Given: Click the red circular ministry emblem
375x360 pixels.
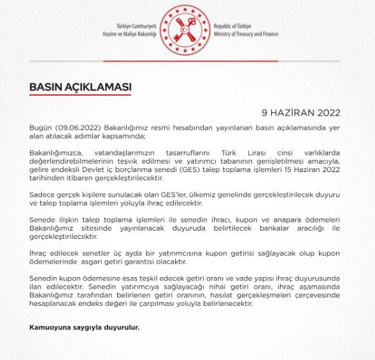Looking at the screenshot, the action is tap(187, 29).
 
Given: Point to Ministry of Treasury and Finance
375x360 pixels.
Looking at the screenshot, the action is tap(253, 34).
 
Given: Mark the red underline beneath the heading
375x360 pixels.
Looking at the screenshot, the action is tap(80, 95).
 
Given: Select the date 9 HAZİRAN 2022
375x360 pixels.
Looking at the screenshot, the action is tap(301, 113).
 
